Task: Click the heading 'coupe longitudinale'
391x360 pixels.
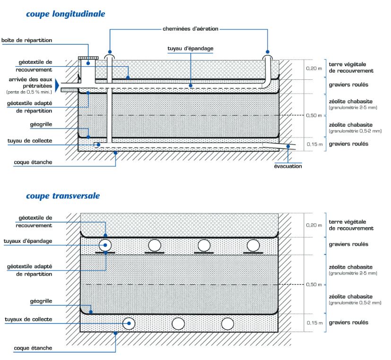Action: pyautogui.click(x=66, y=14)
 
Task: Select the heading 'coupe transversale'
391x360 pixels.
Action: pyautogui.click(x=63, y=196)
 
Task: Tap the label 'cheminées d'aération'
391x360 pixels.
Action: pyautogui.click(x=191, y=29)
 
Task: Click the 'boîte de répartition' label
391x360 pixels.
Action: pyautogui.click(x=26, y=40)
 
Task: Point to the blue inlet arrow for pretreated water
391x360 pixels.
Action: pyautogui.click(x=57, y=86)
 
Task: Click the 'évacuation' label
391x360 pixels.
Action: pyautogui.click(x=288, y=166)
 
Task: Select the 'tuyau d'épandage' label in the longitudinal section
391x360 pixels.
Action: pyautogui.click(x=191, y=49)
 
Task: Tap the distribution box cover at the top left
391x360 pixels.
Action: pyautogui.click(x=88, y=58)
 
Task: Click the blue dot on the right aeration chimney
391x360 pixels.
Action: pyautogui.click(x=268, y=52)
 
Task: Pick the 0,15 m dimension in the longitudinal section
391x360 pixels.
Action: pyautogui.click(x=314, y=144)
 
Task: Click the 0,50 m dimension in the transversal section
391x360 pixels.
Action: pyautogui.click(x=314, y=284)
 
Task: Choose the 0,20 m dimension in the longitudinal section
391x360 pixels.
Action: pyautogui.click(x=314, y=69)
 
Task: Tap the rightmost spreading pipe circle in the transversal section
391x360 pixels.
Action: pyautogui.click(x=253, y=245)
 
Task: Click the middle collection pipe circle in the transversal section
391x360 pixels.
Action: pyautogui.click(x=178, y=324)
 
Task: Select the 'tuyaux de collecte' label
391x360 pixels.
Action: pyautogui.click(x=28, y=319)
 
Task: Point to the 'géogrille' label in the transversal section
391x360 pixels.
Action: pyautogui.click(x=41, y=301)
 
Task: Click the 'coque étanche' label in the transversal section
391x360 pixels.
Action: pyautogui.click(x=33, y=348)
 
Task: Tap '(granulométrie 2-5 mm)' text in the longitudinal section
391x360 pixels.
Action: pyautogui.click(x=353, y=108)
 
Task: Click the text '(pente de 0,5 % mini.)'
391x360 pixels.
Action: pyautogui.click(x=29, y=92)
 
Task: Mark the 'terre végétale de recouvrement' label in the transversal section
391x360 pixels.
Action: pyautogui.click(x=351, y=225)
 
